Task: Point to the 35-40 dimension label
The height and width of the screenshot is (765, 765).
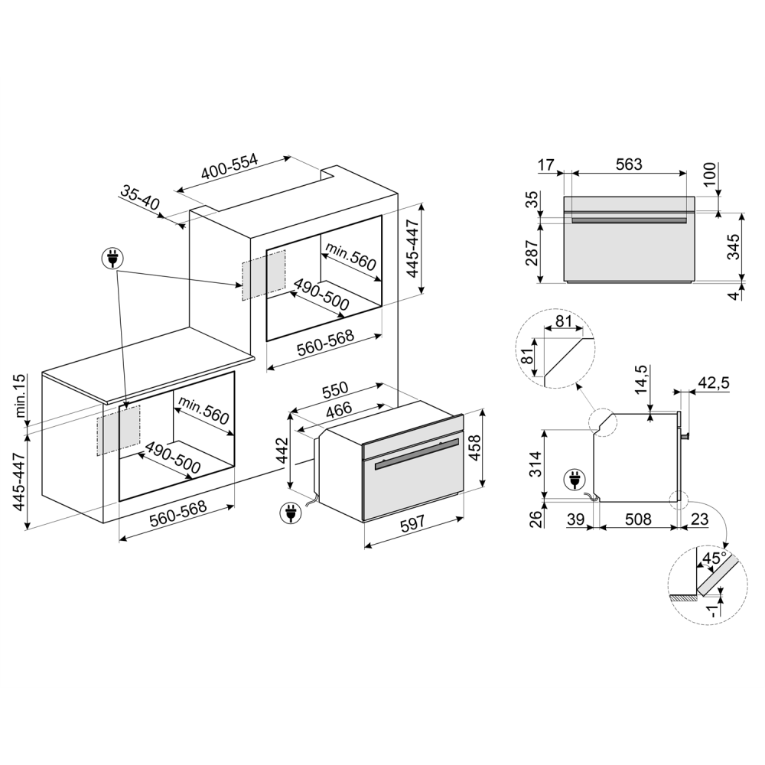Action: point(139,198)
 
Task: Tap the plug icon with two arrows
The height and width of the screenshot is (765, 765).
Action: point(113,259)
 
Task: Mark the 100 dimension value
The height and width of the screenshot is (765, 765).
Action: point(710,178)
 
